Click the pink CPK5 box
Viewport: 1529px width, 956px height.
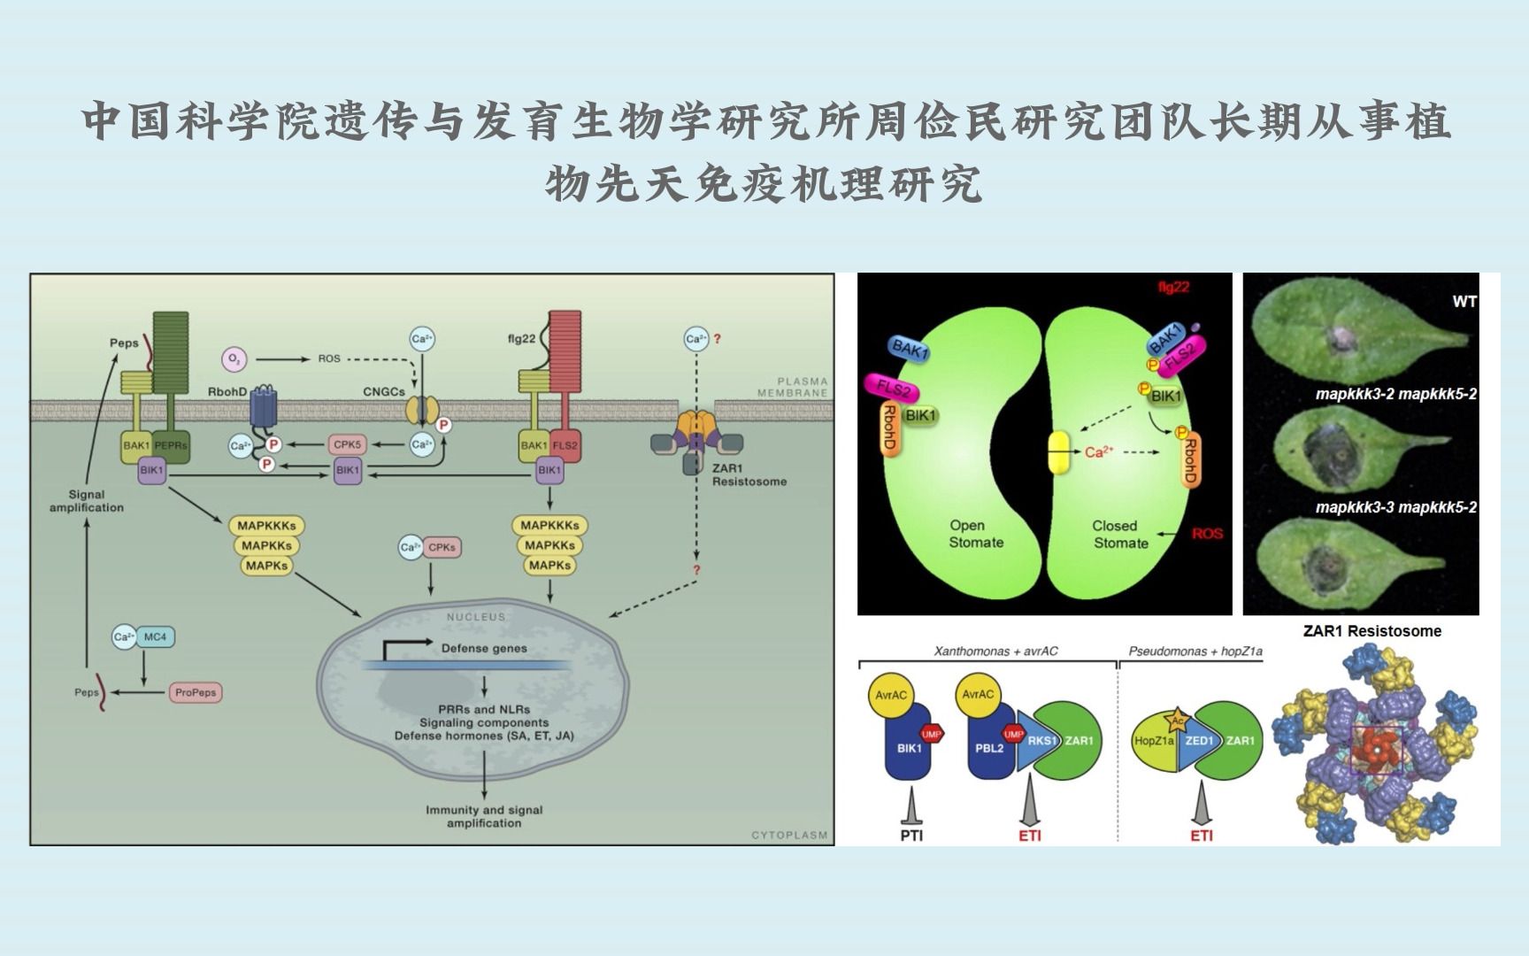point(347,444)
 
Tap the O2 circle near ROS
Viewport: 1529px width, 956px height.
point(234,358)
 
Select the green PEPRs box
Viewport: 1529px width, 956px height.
point(171,445)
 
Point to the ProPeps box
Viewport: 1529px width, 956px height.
point(196,692)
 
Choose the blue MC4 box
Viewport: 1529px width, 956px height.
point(156,636)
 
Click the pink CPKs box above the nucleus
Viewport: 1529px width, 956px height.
point(442,547)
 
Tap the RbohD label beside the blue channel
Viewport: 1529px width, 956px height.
point(227,391)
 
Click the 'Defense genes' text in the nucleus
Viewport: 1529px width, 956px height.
point(484,648)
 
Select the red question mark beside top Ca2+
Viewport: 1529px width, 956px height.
point(717,338)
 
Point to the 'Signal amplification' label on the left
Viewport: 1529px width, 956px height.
point(87,501)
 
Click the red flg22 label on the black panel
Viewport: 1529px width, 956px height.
point(1174,288)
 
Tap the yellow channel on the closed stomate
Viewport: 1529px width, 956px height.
point(1059,451)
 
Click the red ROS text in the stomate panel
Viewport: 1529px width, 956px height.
point(1207,534)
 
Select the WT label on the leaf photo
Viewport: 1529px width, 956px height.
point(1464,302)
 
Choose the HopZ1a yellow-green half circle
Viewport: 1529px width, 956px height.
point(1154,741)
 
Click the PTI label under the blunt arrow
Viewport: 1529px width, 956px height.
point(910,835)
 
